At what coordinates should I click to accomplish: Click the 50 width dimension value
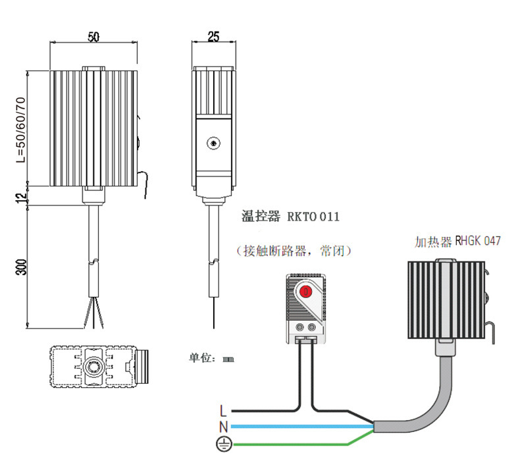click(x=93, y=36)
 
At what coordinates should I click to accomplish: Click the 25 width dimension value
click(x=213, y=36)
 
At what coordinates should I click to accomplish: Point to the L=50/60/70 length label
click(x=20, y=130)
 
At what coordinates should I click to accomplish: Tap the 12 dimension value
click(x=22, y=198)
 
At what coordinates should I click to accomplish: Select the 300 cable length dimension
click(x=21, y=267)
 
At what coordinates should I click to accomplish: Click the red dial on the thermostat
click(x=306, y=291)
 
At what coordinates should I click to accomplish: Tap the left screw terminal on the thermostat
click(x=299, y=327)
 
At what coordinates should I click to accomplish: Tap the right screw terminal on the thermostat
click(x=312, y=327)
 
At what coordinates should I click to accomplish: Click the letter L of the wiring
click(x=223, y=411)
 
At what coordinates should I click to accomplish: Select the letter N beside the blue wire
click(x=224, y=427)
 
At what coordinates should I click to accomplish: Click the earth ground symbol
click(x=224, y=444)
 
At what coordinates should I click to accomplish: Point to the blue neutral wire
click(x=301, y=426)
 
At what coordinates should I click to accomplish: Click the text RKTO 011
click(x=313, y=217)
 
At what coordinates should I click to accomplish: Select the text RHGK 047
click(x=478, y=241)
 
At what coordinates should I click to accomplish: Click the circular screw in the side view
click(x=213, y=144)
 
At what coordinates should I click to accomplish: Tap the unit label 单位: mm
click(x=211, y=358)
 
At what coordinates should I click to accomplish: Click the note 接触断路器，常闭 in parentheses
click(x=294, y=251)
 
